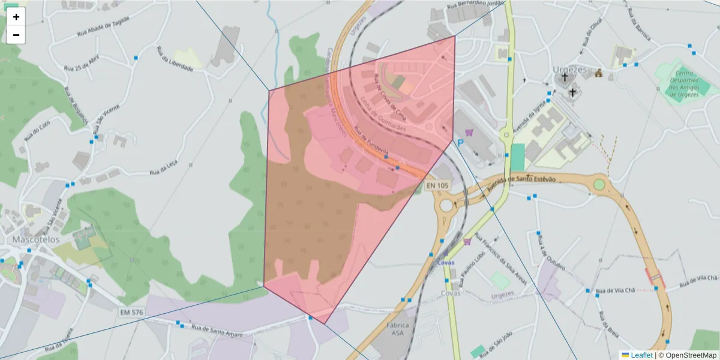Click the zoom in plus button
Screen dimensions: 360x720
pyautogui.click(x=16, y=16)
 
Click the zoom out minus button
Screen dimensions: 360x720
pyautogui.click(x=16, y=35)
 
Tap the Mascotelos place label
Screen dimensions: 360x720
pyautogui.click(x=36, y=239)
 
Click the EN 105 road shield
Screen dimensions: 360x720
pyautogui.click(x=437, y=186)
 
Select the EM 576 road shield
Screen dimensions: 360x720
pyautogui.click(x=131, y=313)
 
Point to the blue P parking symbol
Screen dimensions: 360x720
pyautogui.click(x=460, y=143)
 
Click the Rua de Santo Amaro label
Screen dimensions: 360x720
pyautogui.click(x=217, y=331)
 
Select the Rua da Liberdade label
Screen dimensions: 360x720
pyautogui.click(x=175, y=59)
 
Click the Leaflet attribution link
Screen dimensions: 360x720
pyautogui.click(x=641, y=355)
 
